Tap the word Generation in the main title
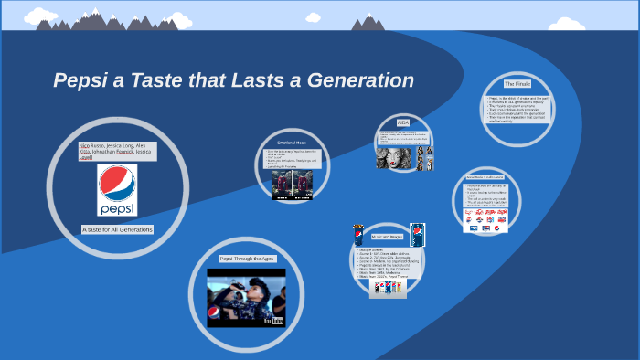(366, 80)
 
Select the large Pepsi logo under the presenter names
(116, 191)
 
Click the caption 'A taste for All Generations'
(117, 229)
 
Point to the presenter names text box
(117, 151)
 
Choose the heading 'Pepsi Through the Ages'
(247, 259)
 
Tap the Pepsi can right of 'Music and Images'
(418, 234)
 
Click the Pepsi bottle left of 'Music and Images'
(358, 235)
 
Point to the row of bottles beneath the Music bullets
(387, 287)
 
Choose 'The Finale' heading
(517, 84)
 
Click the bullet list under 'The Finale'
(517, 110)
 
